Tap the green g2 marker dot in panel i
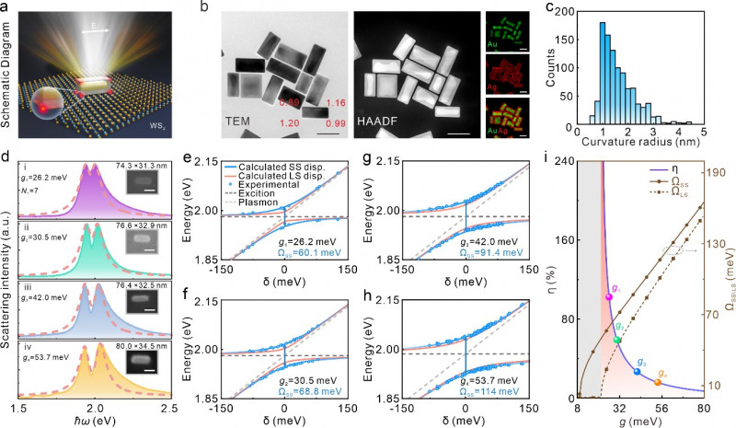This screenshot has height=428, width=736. (x=618, y=340)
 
